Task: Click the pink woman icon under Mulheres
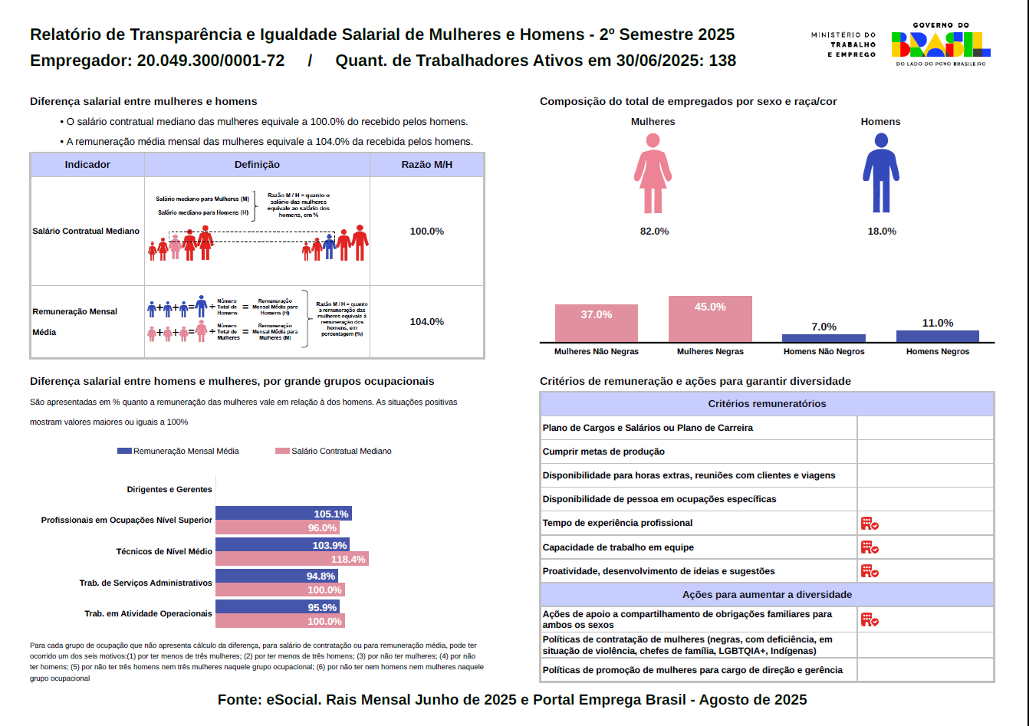pos(653,174)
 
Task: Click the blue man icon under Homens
pos(881,174)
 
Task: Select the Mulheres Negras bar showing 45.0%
pos(710,319)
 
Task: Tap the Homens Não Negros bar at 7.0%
pos(824,337)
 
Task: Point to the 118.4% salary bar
pos(291,559)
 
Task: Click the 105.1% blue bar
pos(283,514)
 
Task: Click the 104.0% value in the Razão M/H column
pos(426,322)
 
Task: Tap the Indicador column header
pos(87,165)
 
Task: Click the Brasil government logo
pos(940,44)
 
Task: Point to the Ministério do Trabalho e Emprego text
pos(843,44)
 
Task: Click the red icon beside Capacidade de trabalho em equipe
pos(869,547)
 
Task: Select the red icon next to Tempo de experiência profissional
pos(869,524)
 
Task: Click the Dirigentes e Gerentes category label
pos(169,489)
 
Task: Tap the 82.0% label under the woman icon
pos(654,232)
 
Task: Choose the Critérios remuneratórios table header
pos(767,404)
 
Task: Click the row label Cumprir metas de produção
pos(603,452)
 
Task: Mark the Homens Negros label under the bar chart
pos(937,352)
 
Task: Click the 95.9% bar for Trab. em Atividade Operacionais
pos(279,607)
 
